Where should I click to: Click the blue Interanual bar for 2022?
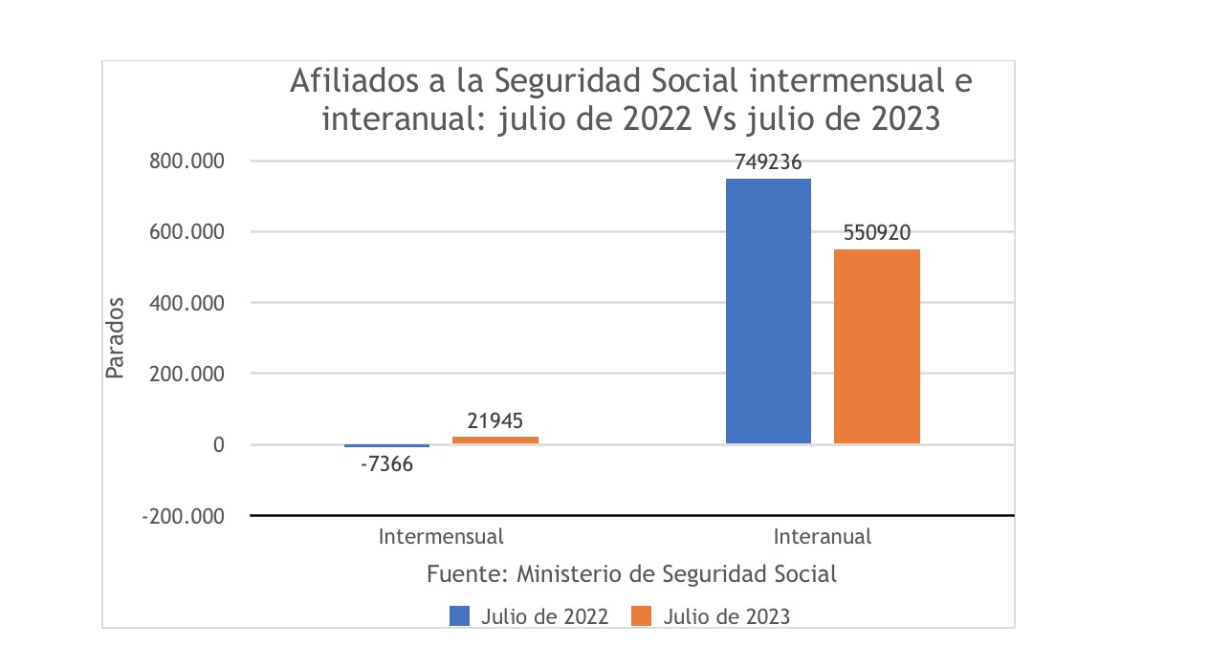tap(768, 311)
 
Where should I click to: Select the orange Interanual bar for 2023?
tap(876, 346)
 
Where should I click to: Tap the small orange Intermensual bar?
tap(495, 440)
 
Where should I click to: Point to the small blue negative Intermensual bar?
tap(386, 446)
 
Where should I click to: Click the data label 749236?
tap(768, 162)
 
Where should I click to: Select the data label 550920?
tap(876, 233)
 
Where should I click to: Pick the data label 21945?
tap(495, 420)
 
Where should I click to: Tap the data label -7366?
tap(386, 466)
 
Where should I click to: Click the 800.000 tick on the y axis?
tap(186, 161)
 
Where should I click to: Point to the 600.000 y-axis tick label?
tap(186, 231)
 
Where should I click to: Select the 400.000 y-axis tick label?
tap(186, 303)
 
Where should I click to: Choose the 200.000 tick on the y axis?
tap(186, 374)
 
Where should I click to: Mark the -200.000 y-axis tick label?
tap(182, 516)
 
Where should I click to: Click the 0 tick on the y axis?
tap(219, 445)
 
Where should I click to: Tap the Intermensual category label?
tap(440, 536)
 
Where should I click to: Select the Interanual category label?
tap(823, 536)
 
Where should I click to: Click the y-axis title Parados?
tap(115, 337)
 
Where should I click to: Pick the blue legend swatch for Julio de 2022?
tap(459, 616)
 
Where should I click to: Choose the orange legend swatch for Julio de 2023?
tap(642, 616)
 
